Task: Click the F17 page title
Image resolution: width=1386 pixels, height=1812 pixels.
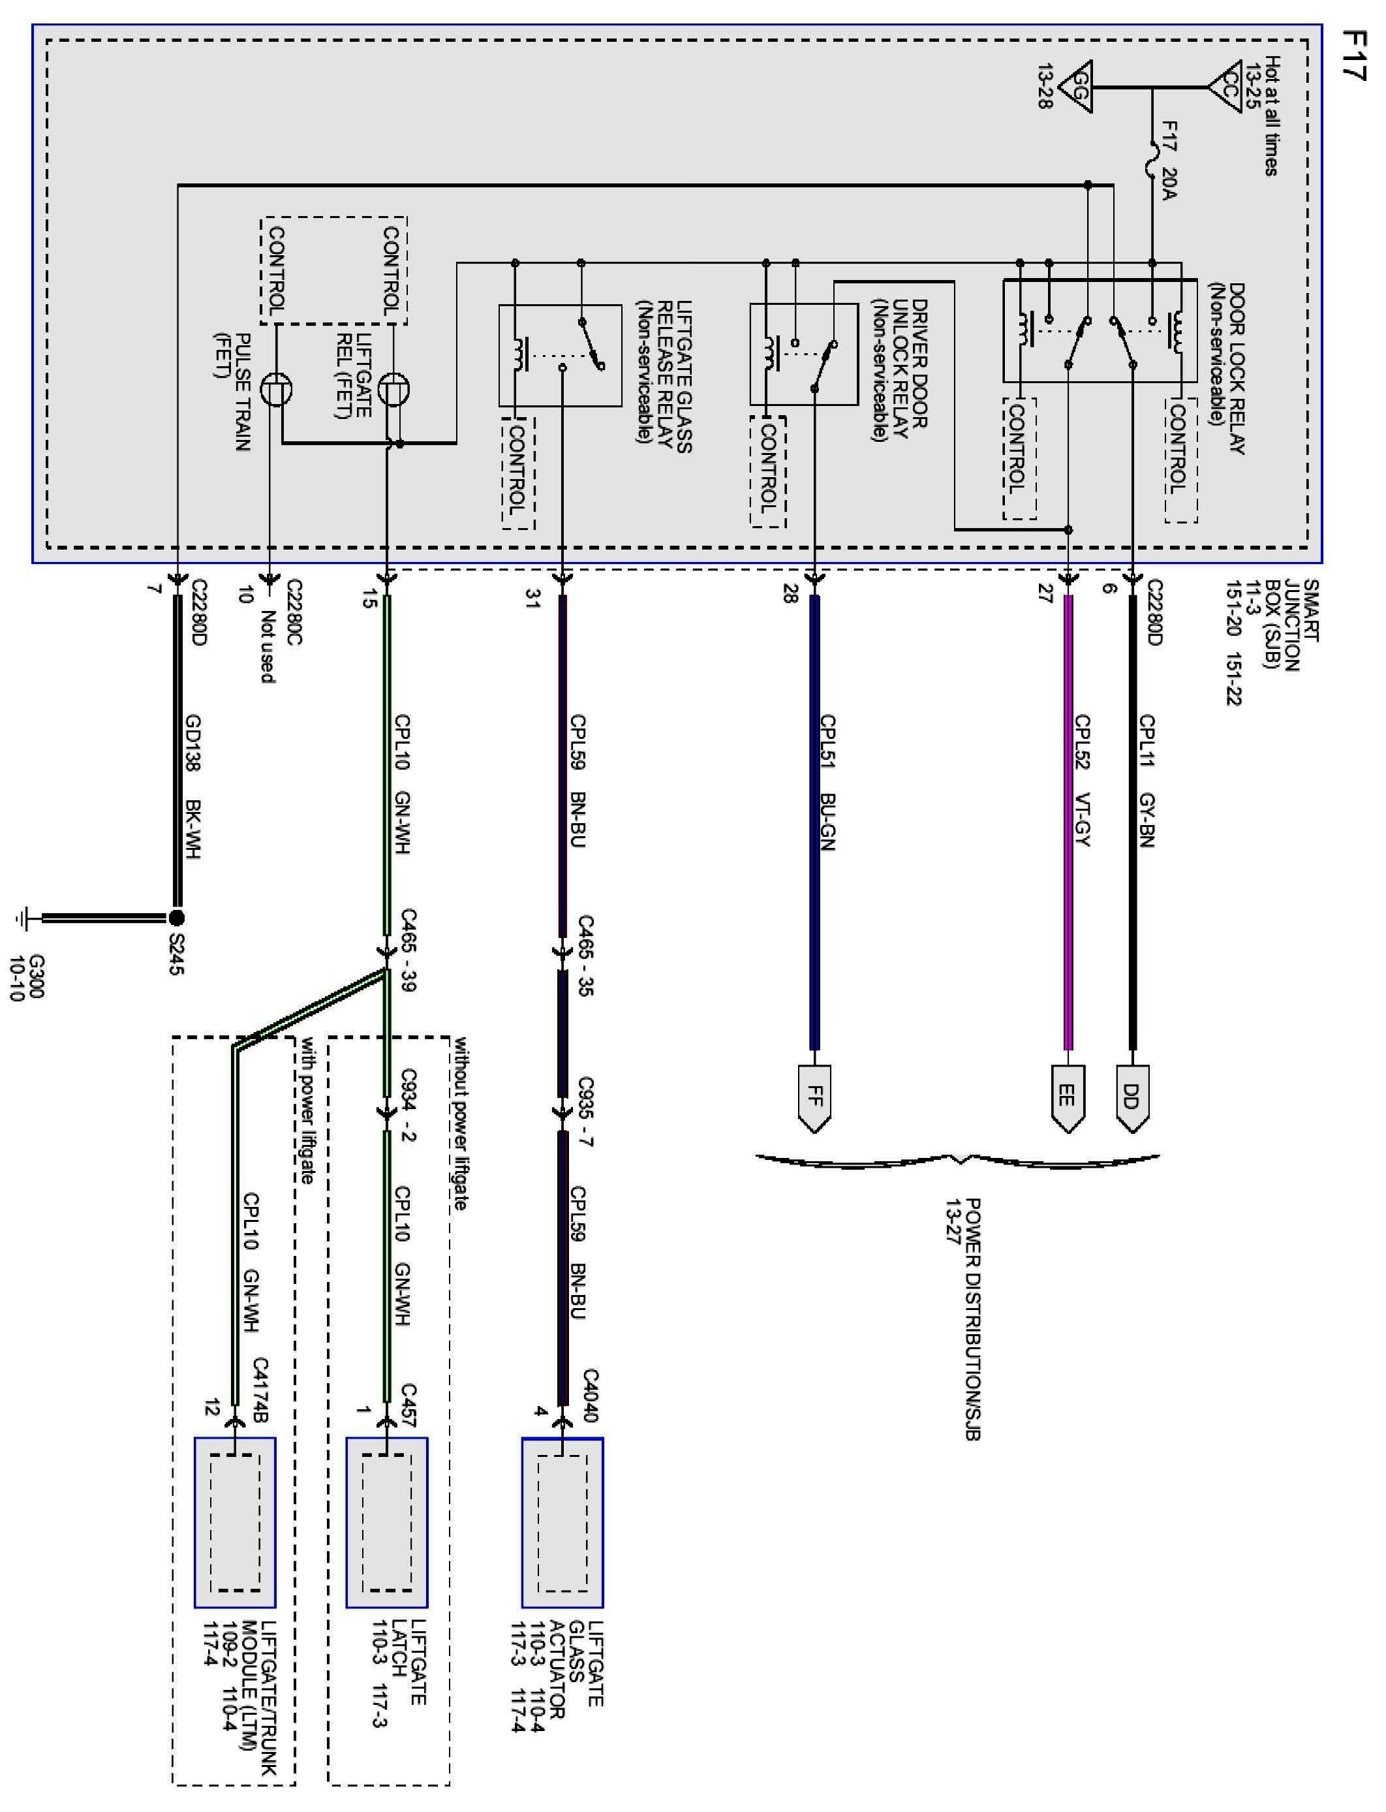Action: (1353, 56)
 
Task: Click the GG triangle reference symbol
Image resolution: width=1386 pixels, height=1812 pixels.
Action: (1077, 87)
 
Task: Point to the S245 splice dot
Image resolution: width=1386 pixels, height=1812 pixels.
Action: (176, 918)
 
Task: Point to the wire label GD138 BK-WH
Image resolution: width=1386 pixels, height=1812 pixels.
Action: (194, 788)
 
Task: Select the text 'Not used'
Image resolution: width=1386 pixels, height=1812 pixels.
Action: (266, 646)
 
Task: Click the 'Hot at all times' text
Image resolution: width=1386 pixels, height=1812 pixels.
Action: (1272, 116)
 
